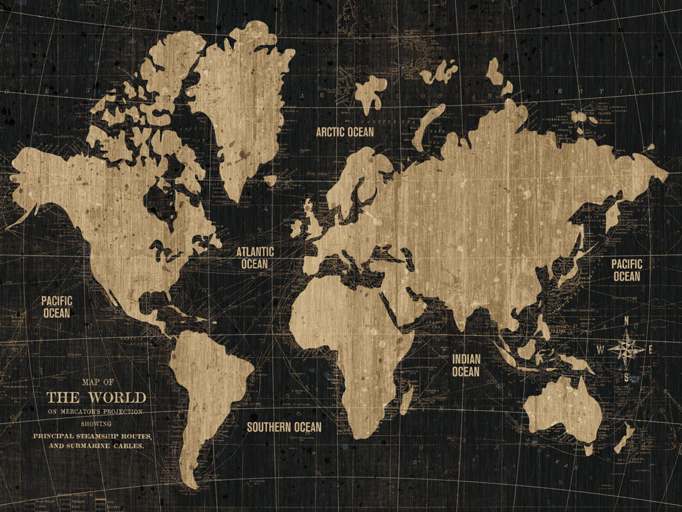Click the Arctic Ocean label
click(x=345, y=132)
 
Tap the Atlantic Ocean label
click(x=255, y=258)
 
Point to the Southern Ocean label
click(x=284, y=427)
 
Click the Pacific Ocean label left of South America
click(x=57, y=307)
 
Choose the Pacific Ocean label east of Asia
click(x=627, y=270)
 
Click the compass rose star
click(x=627, y=349)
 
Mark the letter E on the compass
click(x=651, y=349)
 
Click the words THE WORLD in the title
click(x=96, y=398)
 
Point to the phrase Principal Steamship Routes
click(x=93, y=436)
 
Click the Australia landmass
click(x=563, y=407)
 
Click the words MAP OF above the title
click(x=98, y=382)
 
